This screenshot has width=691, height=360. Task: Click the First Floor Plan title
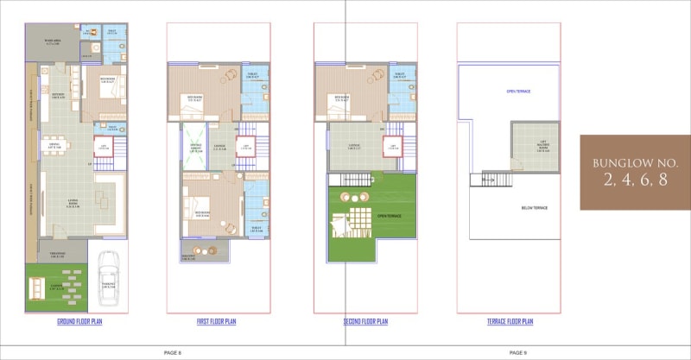point(215,321)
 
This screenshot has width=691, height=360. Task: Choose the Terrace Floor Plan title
point(509,321)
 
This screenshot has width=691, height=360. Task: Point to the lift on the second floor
point(394,146)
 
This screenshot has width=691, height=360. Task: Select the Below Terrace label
point(533,207)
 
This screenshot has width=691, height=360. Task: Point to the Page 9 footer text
point(518,352)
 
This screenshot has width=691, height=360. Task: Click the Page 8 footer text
point(173,352)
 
